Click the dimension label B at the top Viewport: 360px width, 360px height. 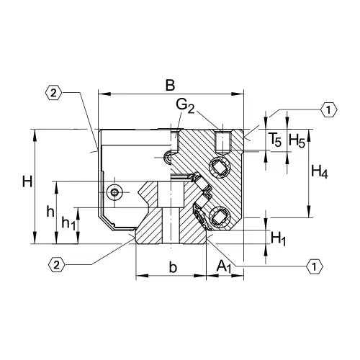169,84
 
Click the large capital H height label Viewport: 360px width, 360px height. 27,182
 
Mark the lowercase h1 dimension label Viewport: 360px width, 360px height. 68,224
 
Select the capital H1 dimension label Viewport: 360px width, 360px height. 279,237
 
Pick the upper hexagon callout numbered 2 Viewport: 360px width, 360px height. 55,93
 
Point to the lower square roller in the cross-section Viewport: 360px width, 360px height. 220,213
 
